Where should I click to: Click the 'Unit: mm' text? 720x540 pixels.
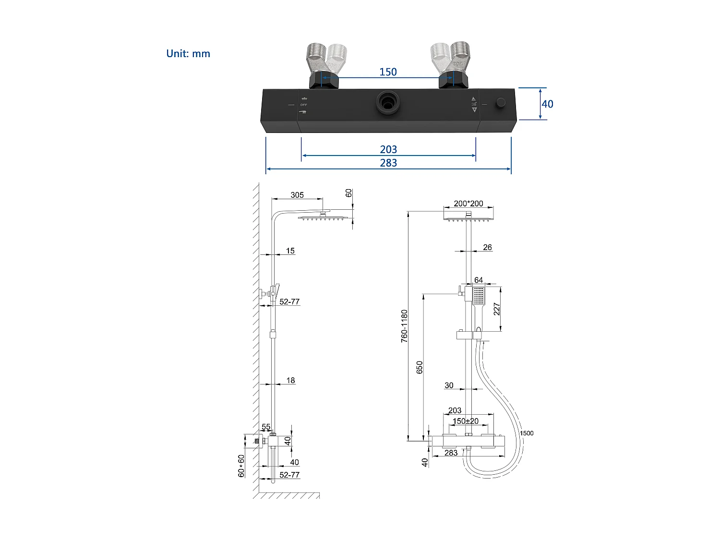click(x=188, y=54)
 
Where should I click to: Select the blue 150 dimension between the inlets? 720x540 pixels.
click(x=388, y=72)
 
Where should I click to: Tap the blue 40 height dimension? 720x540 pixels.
click(x=547, y=104)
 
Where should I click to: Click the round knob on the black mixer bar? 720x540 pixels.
click(x=501, y=102)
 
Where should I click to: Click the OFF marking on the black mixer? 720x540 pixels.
click(x=303, y=105)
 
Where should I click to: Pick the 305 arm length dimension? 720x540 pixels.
click(x=297, y=195)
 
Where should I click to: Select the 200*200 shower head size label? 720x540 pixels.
click(x=468, y=204)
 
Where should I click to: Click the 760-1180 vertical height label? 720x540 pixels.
click(x=405, y=325)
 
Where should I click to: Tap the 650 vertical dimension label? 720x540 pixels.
click(x=420, y=367)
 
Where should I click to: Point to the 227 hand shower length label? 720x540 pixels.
click(x=497, y=309)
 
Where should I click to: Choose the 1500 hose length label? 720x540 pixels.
click(x=527, y=433)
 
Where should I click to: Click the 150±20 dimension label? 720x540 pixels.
click(x=466, y=421)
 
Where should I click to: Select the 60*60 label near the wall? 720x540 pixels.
click(x=241, y=466)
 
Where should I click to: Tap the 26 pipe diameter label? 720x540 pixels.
click(x=487, y=247)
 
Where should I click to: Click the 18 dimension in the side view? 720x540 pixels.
click(x=290, y=380)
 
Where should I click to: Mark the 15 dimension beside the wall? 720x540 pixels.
click(x=290, y=251)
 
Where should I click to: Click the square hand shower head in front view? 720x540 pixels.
click(x=479, y=295)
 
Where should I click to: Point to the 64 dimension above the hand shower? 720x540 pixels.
click(x=479, y=280)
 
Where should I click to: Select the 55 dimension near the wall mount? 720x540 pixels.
click(x=266, y=427)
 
